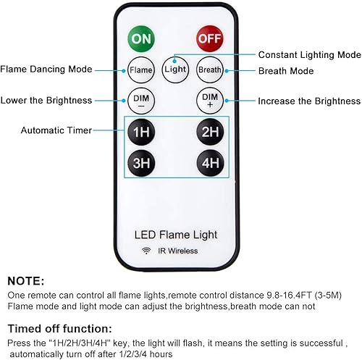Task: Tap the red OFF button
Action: coord(209,38)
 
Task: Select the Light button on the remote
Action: coord(174,69)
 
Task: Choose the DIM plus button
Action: coord(209,100)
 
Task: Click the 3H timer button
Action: coord(140,163)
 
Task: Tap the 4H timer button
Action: coord(210,163)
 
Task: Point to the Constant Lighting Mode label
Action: coord(309,55)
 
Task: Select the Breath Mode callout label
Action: coord(286,71)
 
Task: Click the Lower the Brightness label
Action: coord(46,100)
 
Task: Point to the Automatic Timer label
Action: coord(56,131)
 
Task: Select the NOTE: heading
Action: coord(27,280)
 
